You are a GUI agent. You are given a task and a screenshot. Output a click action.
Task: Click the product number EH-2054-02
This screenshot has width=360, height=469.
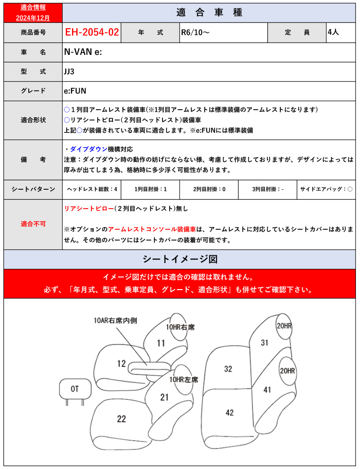click(x=92, y=32)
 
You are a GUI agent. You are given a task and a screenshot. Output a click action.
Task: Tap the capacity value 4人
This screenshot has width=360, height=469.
click(x=333, y=32)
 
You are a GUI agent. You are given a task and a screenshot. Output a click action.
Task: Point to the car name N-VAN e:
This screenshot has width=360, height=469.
click(x=83, y=52)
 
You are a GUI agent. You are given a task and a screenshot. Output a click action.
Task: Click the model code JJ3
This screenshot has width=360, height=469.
click(x=70, y=71)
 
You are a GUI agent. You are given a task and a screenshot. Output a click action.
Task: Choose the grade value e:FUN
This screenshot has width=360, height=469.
click(x=75, y=91)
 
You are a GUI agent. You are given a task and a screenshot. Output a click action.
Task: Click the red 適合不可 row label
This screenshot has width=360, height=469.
click(x=33, y=223)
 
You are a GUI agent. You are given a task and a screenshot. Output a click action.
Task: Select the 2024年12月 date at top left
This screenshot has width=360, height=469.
click(x=33, y=18)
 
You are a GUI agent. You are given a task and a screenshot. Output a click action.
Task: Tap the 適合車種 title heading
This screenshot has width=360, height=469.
click(x=210, y=13)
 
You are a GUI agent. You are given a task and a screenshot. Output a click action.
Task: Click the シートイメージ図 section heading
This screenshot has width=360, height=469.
click(x=180, y=259)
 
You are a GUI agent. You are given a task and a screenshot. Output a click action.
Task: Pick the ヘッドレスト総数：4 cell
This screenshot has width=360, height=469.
click(x=92, y=189)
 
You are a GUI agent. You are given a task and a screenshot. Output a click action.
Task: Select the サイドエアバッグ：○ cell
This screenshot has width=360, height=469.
click(x=326, y=189)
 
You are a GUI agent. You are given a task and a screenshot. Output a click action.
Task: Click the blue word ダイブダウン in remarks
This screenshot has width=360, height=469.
click(x=89, y=149)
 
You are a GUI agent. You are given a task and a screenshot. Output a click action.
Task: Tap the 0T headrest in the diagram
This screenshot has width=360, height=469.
click(x=75, y=388)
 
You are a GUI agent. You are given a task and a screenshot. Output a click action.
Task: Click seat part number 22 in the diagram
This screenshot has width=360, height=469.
click(x=121, y=419)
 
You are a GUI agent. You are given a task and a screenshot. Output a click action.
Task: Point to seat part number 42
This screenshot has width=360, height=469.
click(x=229, y=412)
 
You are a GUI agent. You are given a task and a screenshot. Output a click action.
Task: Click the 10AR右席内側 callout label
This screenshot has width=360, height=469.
click(x=116, y=321)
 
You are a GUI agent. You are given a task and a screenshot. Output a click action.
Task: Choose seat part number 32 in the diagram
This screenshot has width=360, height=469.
click(x=228, y=369)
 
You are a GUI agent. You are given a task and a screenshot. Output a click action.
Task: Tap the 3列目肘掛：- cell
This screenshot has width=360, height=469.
click(x=268, y=189)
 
